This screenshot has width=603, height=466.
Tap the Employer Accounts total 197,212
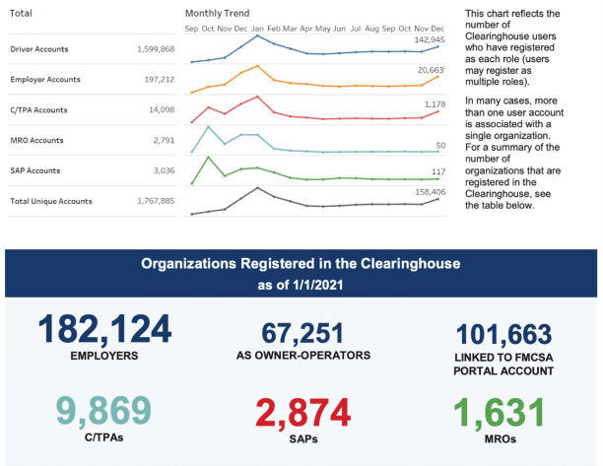point(155,79)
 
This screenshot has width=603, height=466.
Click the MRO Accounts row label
point(36,140)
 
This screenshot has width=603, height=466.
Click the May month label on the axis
point(322,29)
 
